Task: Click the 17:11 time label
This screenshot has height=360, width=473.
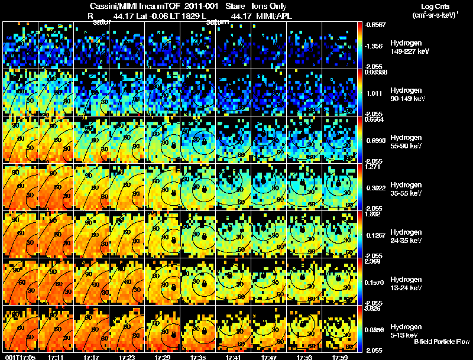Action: [56, 357]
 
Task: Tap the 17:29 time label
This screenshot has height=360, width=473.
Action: [163, 357]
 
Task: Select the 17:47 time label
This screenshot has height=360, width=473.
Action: [269, 357]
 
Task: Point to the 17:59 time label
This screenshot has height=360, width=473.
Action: [340, 357]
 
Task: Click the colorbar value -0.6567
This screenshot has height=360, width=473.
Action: [375, 24]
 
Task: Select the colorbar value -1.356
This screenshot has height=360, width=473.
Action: [375, 46]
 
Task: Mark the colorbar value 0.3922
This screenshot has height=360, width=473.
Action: [375, 187]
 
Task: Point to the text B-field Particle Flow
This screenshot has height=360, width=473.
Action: [441, 342]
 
